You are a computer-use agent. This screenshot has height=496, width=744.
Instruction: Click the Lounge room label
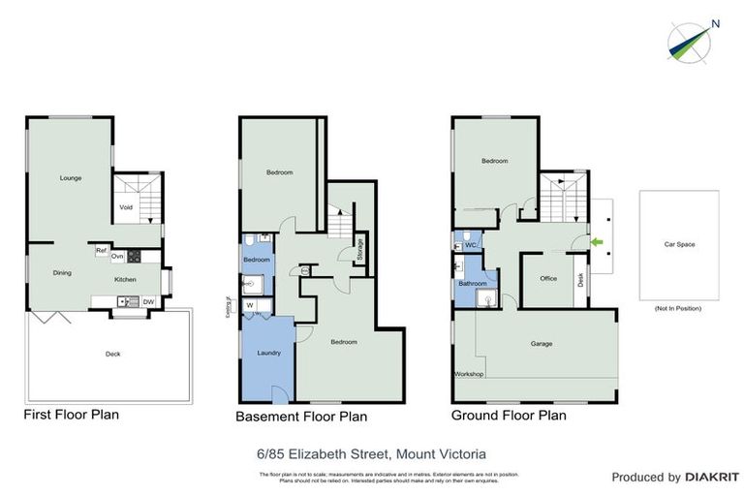click(70, 178)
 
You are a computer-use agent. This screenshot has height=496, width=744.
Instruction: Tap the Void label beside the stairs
click(126, 206)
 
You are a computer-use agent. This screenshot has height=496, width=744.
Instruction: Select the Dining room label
click(61, 272)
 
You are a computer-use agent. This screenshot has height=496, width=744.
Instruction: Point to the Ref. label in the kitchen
click(101, 251)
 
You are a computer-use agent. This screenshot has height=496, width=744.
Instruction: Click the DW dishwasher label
click(147, 302)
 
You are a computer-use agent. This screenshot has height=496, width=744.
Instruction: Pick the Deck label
click(113, 354)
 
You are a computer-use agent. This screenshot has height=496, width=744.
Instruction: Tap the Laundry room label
click(268, 353)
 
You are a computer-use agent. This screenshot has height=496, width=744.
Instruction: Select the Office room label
click(548, 278)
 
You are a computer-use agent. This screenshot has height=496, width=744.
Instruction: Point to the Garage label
click(542, 343)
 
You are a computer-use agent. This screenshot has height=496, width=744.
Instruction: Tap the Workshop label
click(469, 374)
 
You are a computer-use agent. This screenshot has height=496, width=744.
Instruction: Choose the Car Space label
click(678, 244)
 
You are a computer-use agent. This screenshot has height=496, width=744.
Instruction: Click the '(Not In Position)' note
click(678, 308)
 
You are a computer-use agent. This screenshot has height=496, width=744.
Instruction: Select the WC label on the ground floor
click(471, 245)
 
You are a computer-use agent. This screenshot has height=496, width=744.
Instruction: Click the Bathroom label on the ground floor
click(473, 283)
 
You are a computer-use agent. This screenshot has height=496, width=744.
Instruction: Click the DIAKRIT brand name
click(712, 478)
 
